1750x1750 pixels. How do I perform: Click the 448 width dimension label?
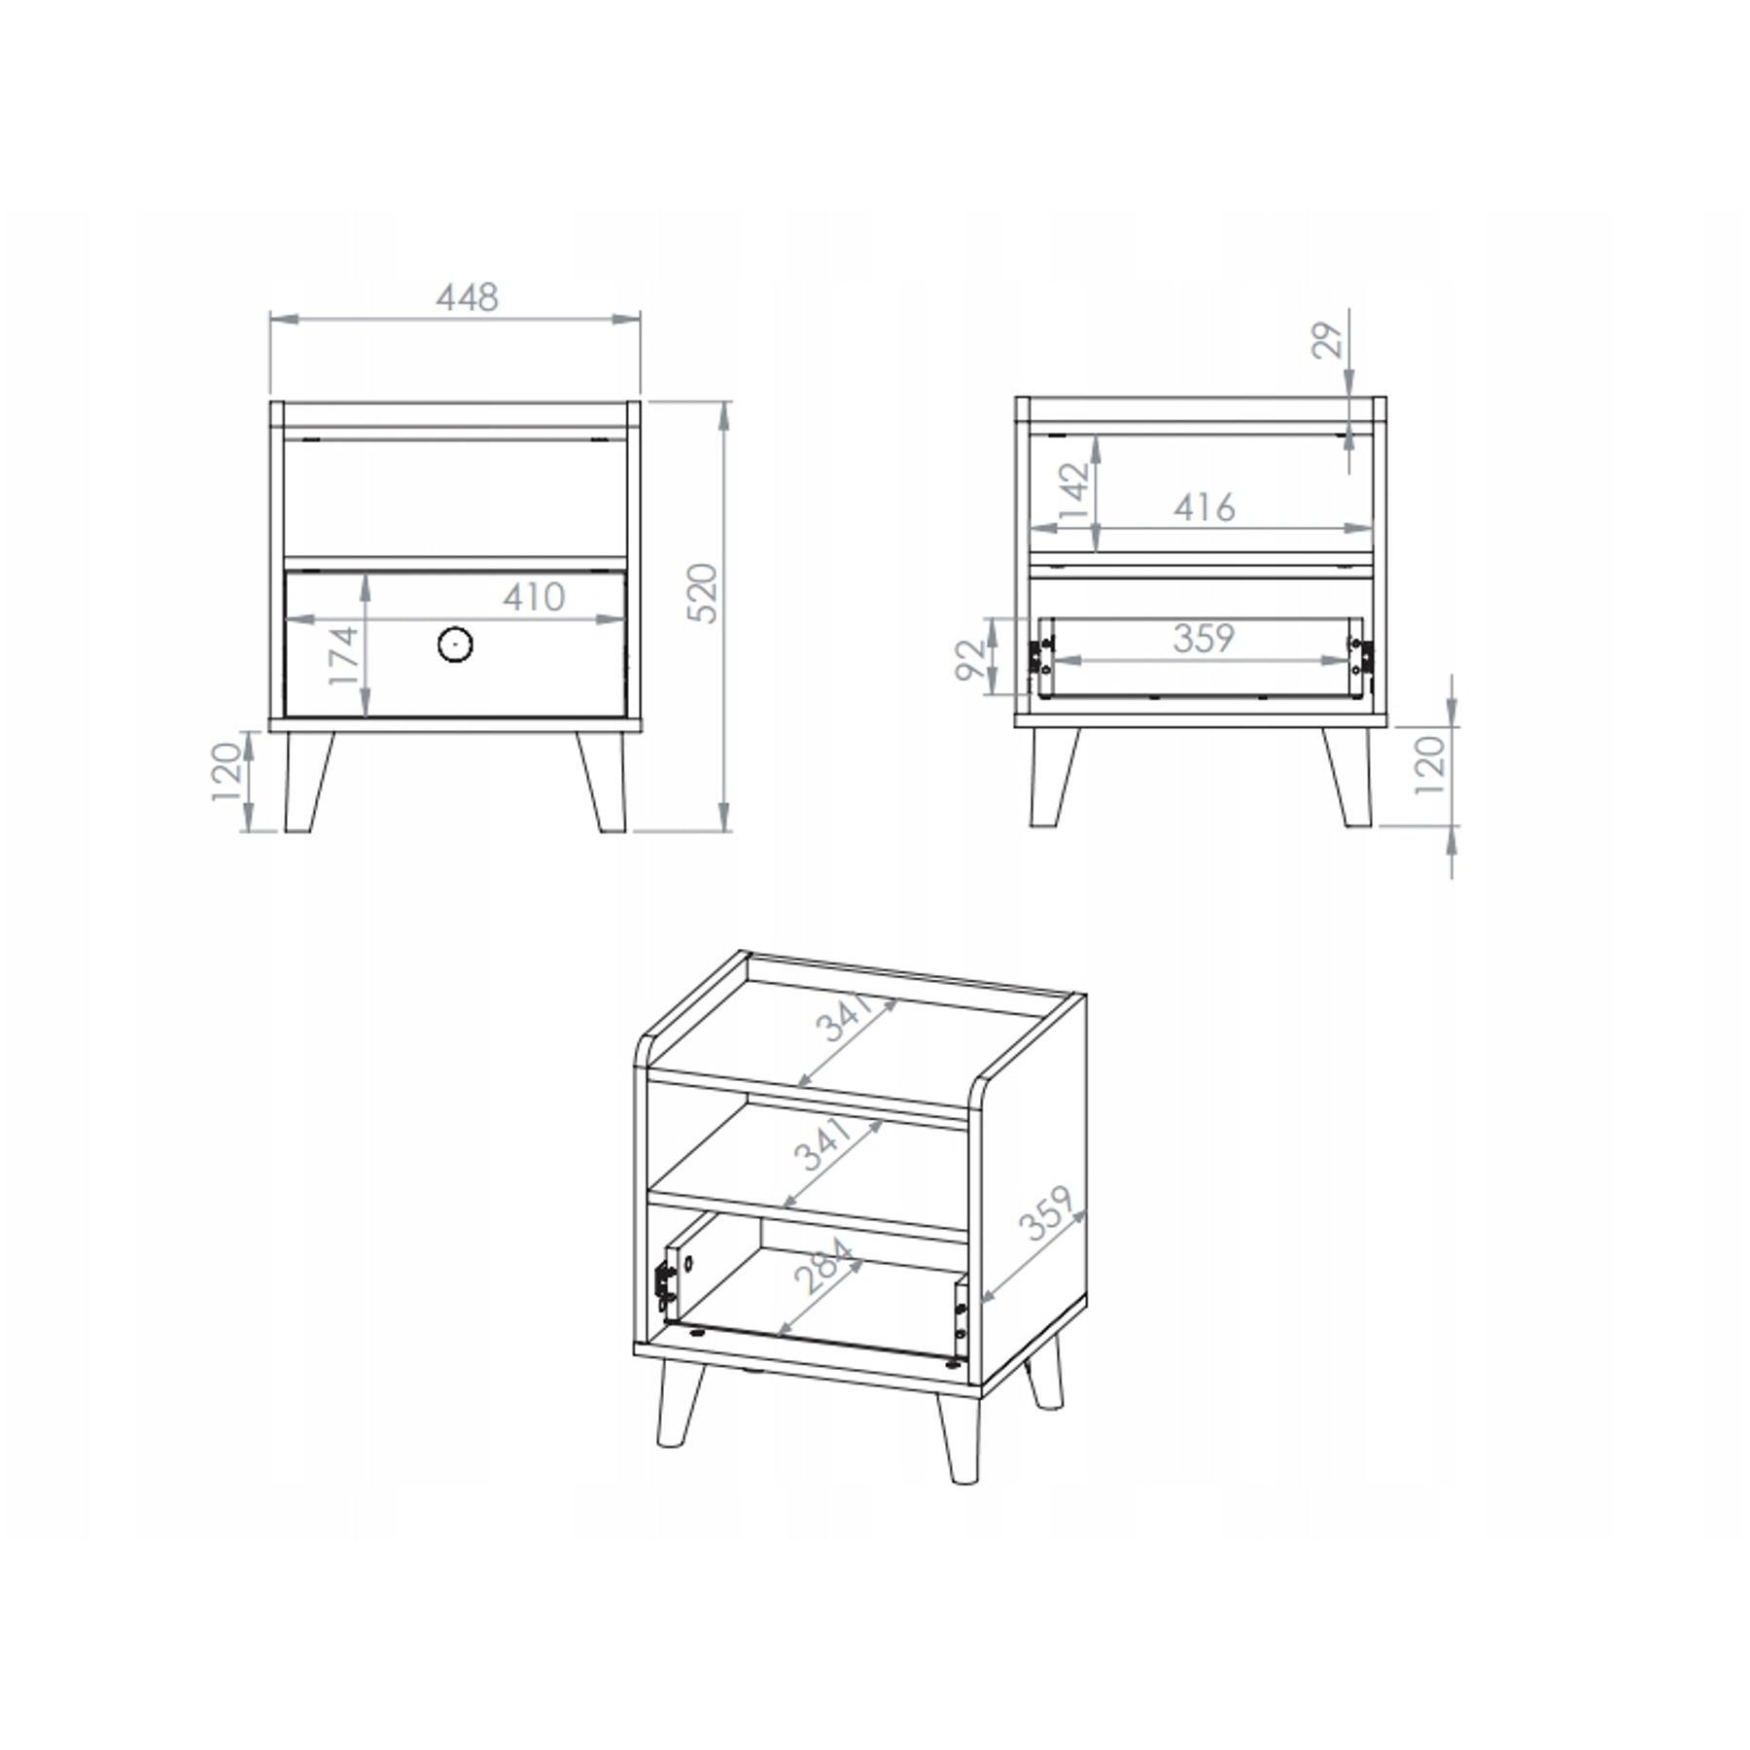pos(467,297)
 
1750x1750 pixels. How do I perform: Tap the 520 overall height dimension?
pos(702,593)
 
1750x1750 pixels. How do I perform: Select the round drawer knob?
pos(455,644)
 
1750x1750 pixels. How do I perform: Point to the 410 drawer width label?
pos(534,597)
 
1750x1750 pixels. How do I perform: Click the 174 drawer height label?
pos(344,656)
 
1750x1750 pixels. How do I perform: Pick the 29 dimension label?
pos(1327,340)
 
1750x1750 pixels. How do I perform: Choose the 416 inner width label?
pos(1204,507)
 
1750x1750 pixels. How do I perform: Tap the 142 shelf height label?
pos(1074,494)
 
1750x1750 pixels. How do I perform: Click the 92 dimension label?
pos(971,659)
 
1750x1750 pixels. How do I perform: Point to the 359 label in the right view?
pos(1204,639)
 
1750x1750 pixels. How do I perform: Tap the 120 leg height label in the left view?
pos(227,771)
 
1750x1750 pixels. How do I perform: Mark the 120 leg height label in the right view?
pos(1430,765)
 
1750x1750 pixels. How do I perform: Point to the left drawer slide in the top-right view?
pos(1041,657)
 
